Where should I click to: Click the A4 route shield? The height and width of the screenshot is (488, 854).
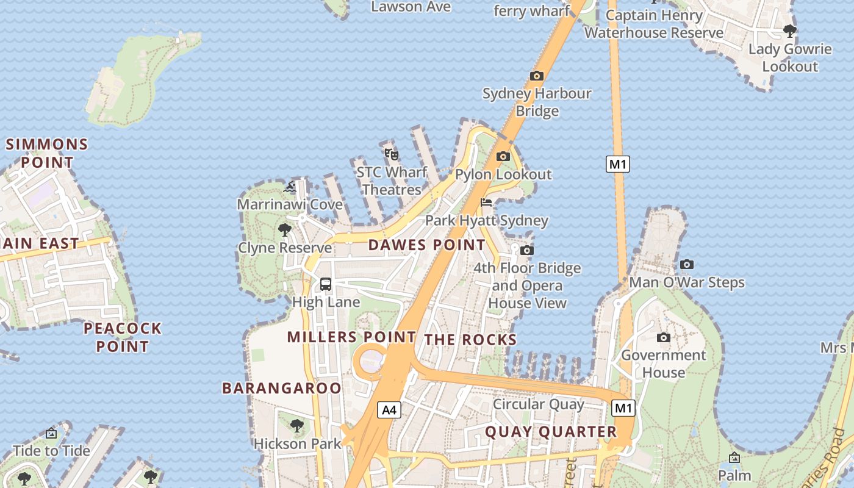tap(389, 410)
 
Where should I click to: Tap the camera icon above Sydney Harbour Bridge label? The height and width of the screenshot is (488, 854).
tap(537, 76)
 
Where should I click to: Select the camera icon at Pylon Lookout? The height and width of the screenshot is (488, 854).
tap(503, 157)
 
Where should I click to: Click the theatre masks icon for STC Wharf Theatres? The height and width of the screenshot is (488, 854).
tap(391, 154)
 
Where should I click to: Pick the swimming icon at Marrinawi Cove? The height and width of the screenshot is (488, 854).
tap(290, 187)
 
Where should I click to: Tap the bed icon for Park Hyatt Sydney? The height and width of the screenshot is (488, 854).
tap(486, 203)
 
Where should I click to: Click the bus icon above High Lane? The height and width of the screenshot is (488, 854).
tap(326, 284)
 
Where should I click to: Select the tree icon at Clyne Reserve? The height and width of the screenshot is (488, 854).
tap(284, 230)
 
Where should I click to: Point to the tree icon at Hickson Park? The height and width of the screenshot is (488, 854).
tap(297, 425)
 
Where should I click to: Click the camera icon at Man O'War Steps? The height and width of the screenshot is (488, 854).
tap(687, 265)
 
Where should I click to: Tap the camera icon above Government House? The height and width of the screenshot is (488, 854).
tap(664, 337)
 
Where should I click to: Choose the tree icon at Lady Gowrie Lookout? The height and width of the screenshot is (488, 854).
tap(790, 30)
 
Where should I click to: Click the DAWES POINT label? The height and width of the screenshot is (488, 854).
tap(427, 245)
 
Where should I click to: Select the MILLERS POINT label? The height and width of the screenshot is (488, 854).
tap(351, 337)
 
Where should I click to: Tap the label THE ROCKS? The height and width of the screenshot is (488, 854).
tap(470, 340)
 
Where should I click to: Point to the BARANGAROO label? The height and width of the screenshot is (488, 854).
tap(282, 388)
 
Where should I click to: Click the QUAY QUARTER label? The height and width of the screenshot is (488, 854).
tap(551, 432)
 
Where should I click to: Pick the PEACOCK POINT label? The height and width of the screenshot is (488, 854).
tap(123, 337)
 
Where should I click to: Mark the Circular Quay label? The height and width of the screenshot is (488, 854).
tap(539, 404)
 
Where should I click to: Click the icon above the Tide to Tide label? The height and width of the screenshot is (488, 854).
tap(51, 434)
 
